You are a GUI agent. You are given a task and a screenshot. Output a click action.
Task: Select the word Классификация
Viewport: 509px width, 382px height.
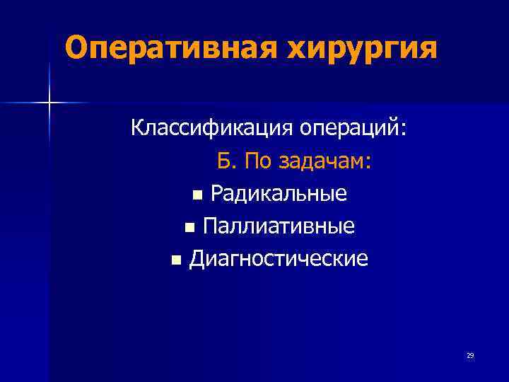coord(211,130)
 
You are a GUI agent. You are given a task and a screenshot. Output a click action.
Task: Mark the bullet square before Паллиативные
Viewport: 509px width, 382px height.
coord(188,228)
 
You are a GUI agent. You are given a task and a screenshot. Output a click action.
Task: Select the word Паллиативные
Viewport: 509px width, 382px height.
coord(279,226)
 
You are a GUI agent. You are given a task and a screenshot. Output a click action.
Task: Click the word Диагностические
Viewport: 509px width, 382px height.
coord(278,259)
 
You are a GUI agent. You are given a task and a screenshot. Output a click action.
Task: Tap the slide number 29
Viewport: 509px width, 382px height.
coord(469,355)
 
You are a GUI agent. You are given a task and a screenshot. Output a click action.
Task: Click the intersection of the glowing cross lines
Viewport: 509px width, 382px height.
coord(49,103)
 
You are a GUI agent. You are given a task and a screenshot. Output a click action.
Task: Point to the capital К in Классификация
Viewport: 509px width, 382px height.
coord(137,130)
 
